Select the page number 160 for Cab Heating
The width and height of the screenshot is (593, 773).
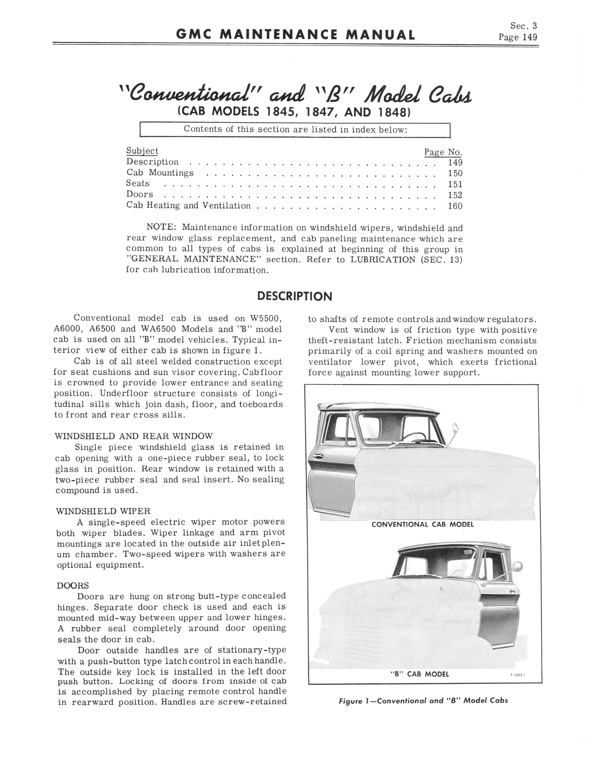455,206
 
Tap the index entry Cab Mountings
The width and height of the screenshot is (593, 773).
160,173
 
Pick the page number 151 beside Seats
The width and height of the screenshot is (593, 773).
455,184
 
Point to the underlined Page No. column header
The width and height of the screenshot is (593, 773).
443,152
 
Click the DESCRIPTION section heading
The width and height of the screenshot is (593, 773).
295,296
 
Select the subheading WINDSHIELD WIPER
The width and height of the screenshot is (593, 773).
103,511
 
